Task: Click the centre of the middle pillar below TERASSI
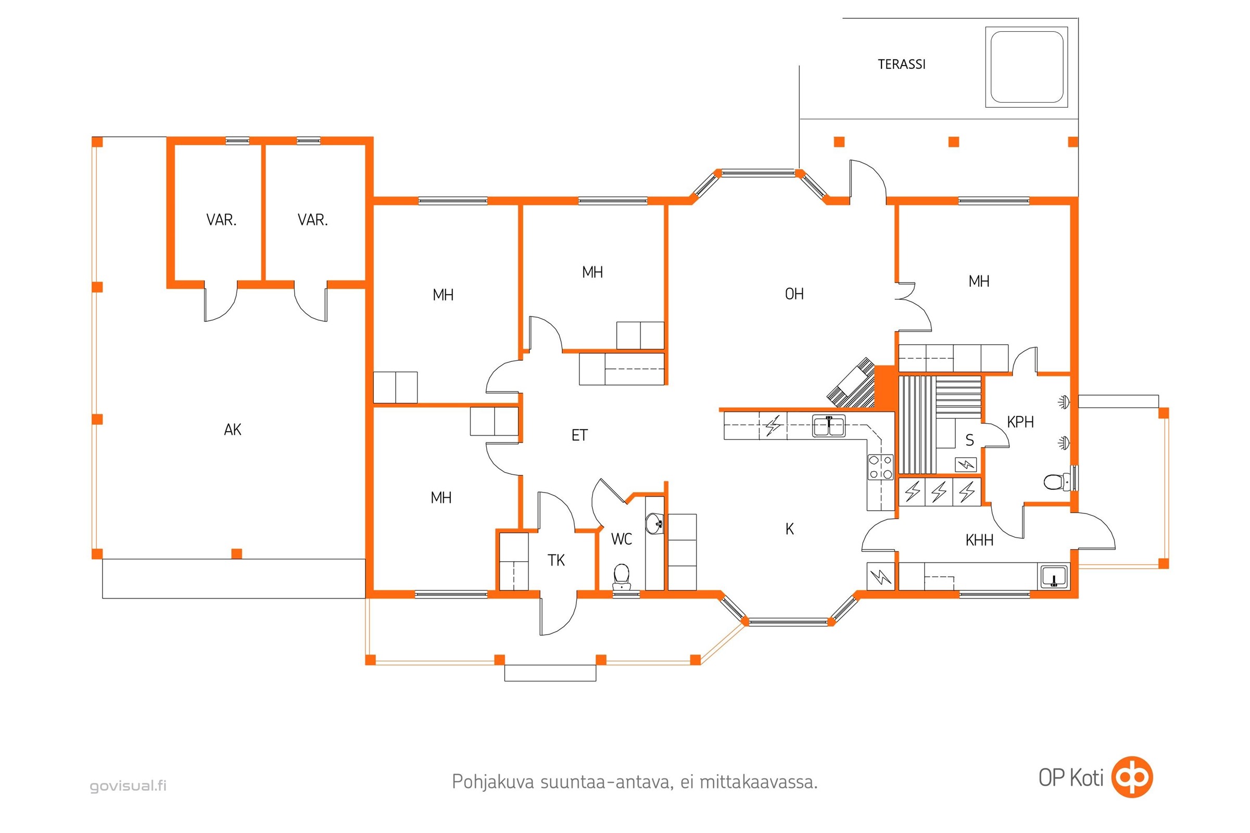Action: point(953,142)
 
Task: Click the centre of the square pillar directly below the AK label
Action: point(237,553)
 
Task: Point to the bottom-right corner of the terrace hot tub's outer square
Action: point(1068,107)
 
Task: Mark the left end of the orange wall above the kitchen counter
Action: point(719,410)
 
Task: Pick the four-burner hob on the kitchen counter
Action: point(880,467)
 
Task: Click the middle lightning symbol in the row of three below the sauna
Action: point(939,491)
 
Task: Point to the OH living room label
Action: point(794,294)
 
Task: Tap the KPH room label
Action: point(1020,422)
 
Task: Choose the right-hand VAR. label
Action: point(312,220)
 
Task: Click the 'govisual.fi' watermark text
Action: point(128,786)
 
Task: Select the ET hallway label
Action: point(579,436)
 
